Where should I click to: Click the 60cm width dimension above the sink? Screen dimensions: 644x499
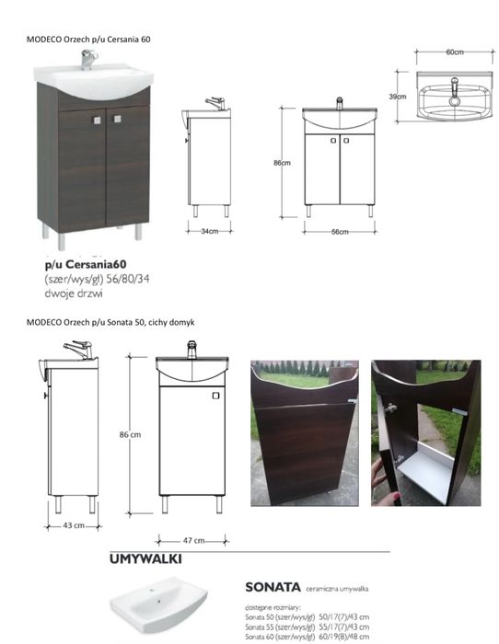pyautogui.click(x=454, y=53)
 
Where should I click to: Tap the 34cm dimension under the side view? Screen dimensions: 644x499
pyautogui.click(x=209, y=231)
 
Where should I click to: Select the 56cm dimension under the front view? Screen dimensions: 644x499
pyautogui.click(x=340, y=231)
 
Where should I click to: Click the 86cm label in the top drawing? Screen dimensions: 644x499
pyautogui.click(x=281, y=163)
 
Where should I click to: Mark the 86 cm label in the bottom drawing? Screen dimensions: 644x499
pyautogui.click(x=129, y=434)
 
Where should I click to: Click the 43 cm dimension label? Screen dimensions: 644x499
pyautogui.click(x=73, y=525)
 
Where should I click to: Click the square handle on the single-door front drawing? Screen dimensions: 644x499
pyautogui.click(x=215, y=397)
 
